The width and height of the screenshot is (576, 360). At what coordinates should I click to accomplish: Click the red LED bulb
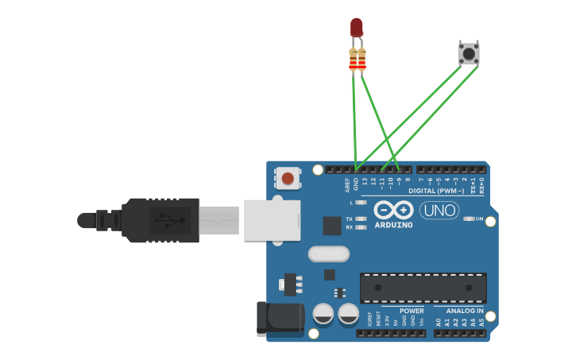click(x=357, y=28)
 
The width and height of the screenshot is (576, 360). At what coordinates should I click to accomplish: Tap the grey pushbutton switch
click(x=469, y=53)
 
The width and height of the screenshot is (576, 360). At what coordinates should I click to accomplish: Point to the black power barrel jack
click(x=280, y=318)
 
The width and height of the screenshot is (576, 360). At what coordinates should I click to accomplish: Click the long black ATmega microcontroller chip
click(x=423, y=288)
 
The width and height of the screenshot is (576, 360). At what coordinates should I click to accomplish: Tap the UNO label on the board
click(x=439, y=211)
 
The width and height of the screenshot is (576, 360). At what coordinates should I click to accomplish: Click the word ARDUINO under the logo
click(x=393, y=225)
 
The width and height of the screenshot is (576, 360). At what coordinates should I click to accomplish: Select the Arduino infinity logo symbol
click(x=393, y=211)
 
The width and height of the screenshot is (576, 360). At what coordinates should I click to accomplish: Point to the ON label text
click(x=480, y=219)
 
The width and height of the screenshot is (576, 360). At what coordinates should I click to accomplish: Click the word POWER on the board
click(x=412, y=311)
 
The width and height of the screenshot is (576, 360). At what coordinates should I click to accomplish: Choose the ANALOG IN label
click(x=465, y=311)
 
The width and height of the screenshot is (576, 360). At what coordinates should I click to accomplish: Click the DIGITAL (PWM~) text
click(x=436, y=191)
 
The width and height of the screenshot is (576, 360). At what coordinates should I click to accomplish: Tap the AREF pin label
click(x=347, y=185)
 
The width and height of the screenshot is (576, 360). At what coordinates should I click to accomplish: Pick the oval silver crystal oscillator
click(x=328, y=254)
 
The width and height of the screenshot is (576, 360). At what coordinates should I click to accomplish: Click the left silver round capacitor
click(x=323, y=313)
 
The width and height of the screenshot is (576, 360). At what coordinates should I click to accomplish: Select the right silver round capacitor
click(x=348, y=313)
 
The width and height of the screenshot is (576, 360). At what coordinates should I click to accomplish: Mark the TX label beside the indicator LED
click(x=349, y=219)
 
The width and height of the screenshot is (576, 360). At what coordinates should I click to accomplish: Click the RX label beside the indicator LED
click(x=349, y=227)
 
